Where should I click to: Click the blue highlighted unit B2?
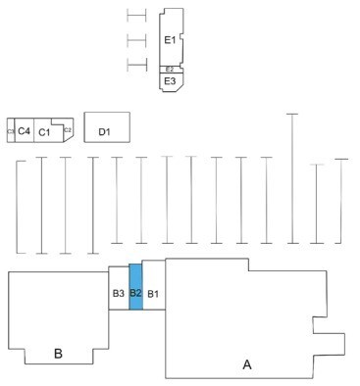136,292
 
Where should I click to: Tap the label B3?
118,293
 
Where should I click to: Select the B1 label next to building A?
154,293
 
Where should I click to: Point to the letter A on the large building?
247,364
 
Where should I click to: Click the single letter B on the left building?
58,354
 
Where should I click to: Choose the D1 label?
106,129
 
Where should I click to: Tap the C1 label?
45,131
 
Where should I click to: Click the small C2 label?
68,129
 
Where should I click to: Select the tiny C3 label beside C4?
10,130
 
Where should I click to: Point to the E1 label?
170,40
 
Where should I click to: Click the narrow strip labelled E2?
170,69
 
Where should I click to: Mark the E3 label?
170,80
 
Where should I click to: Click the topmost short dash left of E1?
136,16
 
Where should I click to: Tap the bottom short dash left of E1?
136,66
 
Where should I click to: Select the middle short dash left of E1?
136,40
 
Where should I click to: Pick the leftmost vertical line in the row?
17,206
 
